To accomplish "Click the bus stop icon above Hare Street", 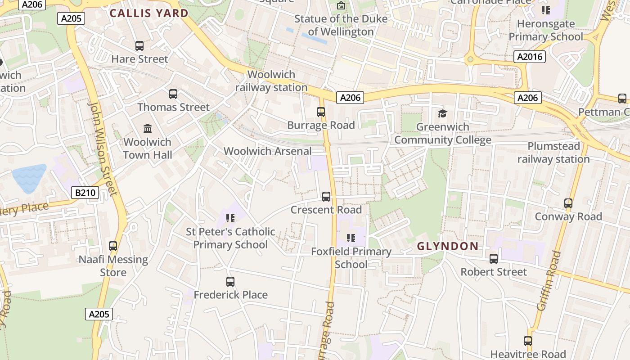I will coord(139,46).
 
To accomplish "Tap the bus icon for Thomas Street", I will coord(173,94).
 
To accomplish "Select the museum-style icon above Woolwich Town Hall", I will coord(148,129).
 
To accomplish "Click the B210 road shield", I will coord(85,193).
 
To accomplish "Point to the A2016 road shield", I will coord(530,57).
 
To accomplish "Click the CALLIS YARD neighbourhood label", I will coord(149,13).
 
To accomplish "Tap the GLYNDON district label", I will coord(447,246).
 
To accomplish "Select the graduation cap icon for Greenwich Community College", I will coord(443,113).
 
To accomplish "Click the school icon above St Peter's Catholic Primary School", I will coord(230,219).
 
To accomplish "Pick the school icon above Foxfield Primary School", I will coord(351,238).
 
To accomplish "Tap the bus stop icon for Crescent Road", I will coord(326,197).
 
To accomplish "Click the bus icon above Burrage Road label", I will coord(321,112).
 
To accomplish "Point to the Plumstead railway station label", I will coord(553,153).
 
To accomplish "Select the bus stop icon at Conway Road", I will coord(568,203).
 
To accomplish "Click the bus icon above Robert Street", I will coord(494,259).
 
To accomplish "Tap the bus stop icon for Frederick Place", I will coord(230,282).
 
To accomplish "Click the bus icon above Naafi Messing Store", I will coord(113,246).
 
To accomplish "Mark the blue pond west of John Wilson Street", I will coord(29,178).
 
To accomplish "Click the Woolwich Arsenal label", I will coord(268,151).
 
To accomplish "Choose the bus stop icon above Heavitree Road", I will coord(528,341).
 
